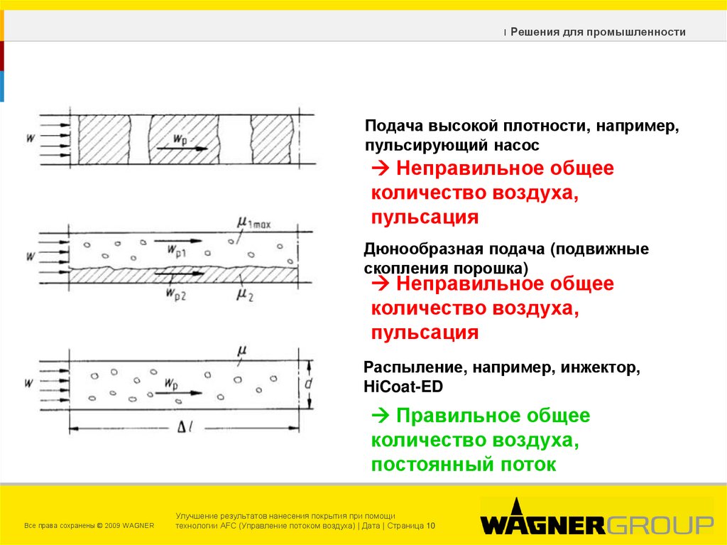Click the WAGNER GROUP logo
pos(596,524)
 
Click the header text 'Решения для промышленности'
pos(598,32)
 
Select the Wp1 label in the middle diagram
pos(177,250)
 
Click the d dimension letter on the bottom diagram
pos(309,384)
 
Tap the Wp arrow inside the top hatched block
pos(182,148)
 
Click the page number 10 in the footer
pos(430,526)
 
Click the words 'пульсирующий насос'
pos(452,146)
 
